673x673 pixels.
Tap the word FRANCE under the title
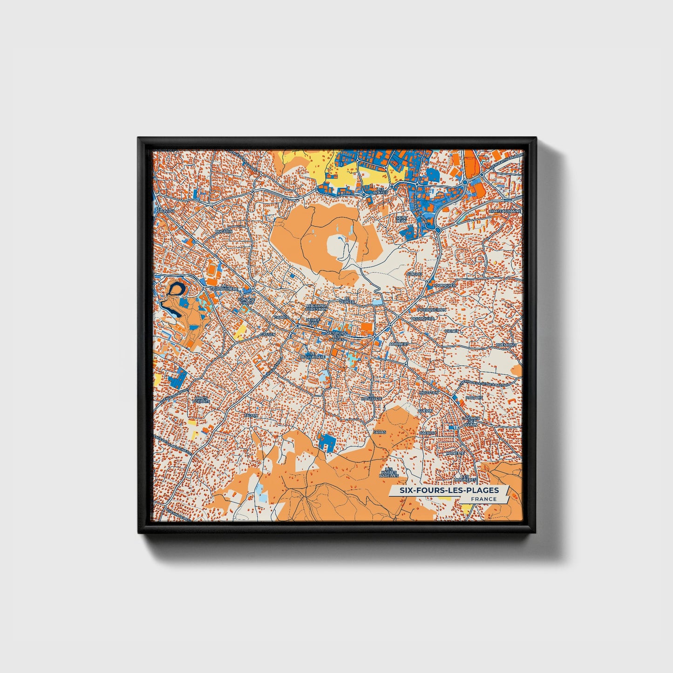(x=483, y=499)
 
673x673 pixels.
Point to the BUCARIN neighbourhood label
(x=224, y=231)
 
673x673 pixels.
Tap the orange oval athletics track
(x=212, y=270)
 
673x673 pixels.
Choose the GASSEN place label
(x=268, y=334)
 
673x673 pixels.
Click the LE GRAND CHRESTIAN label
(x=316, y=307)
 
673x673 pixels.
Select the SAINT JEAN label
(x=401, y=219)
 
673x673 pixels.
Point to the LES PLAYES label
(x=381, y=190)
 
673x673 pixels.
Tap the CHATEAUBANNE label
(x=504, y=211)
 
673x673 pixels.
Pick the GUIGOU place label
(x=414, y=274)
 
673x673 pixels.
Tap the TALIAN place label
(x=251, y=415)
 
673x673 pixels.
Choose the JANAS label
(x=380, y=432)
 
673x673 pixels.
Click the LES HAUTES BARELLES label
(x=388, y=472)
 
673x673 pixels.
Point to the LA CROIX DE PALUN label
(x=469, y=421)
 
